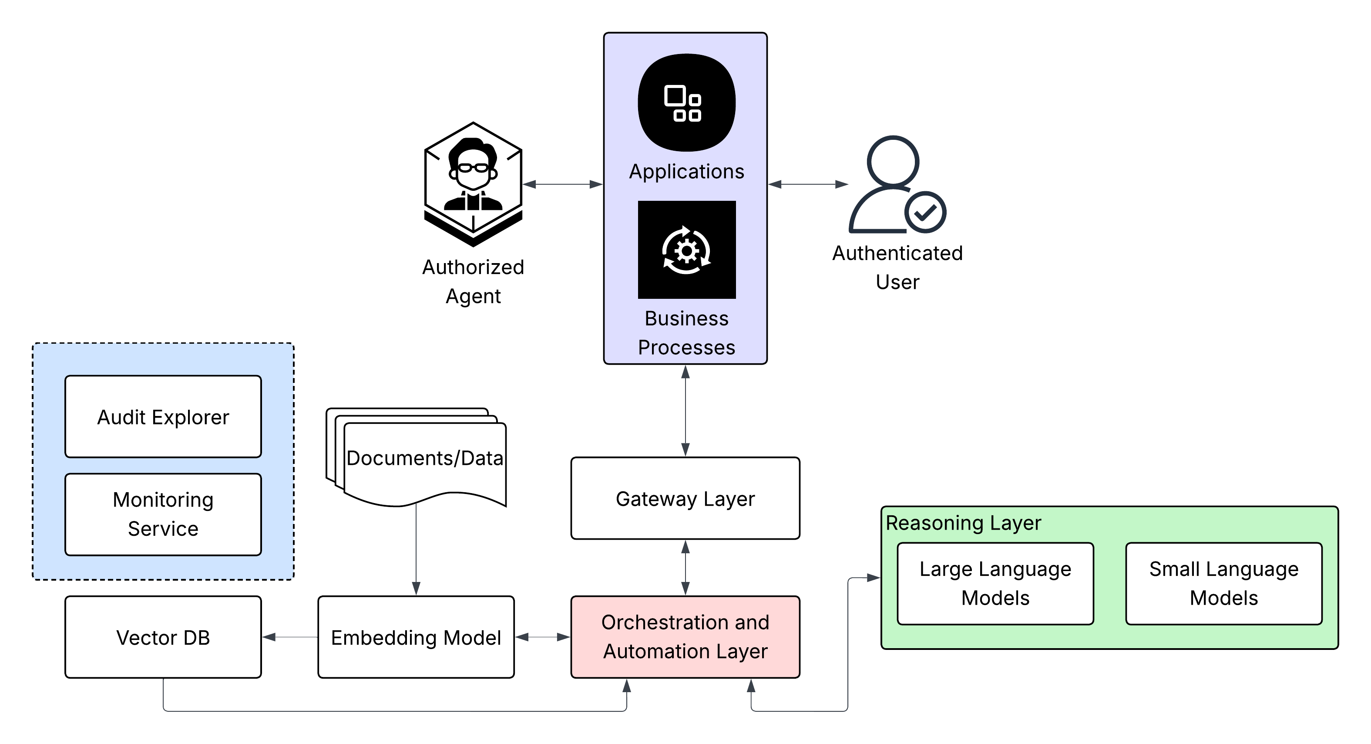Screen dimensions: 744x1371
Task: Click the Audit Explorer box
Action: tap(163, 416)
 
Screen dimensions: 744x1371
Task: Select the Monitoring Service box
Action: tap(163, 514)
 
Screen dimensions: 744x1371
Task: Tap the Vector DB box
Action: tap(163, 637)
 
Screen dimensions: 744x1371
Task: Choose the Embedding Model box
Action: tap(416, 637)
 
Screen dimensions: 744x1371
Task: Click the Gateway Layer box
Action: tap(685, 498)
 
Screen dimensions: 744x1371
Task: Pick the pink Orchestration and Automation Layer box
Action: tap(685, 637)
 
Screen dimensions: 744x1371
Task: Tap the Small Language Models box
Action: tap(1223, 583)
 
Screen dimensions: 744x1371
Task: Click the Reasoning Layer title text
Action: tap(963, 523)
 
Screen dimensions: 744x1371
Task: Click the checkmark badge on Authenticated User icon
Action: tap(925, 213)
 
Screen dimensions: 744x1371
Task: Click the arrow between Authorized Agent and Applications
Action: tap(563, 184)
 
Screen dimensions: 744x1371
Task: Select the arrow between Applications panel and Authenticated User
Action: tap(808, 184)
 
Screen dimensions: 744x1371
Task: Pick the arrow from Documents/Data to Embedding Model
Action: tap(416, 548)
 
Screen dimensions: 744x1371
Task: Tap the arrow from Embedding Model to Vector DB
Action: tap(289, 637)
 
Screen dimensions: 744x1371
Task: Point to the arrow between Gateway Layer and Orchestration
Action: tap(685, 567)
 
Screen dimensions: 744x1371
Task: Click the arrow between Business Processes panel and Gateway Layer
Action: tap(685, 410)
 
